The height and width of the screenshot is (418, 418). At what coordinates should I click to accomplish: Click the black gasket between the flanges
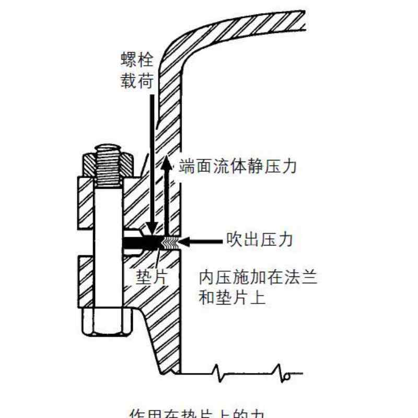(144, 241)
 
